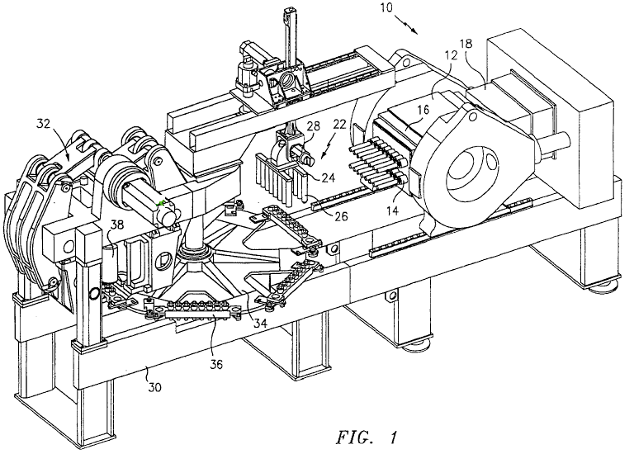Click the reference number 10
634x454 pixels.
[386, 7]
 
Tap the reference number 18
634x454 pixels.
[466, 43]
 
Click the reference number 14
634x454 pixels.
[392, 210]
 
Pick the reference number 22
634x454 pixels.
[339, 125]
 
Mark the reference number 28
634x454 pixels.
[313, 125]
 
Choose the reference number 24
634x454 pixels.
[328, 177]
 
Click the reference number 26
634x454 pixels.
[340, 216]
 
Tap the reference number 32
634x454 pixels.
[43, 124]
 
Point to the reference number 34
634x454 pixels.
[260, 323]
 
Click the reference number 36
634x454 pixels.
[216, 364]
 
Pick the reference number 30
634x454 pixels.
[154, 387]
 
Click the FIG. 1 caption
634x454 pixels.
[367, 437]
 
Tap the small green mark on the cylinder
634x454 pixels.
[162, 202]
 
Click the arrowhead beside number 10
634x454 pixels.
[415, 31]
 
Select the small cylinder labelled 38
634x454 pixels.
[110, 265]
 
